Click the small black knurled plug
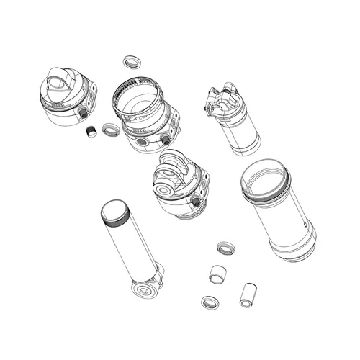coord(91,132)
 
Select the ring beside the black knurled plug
coord(111,130)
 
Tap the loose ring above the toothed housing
coord(132,60)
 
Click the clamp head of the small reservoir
coord(220,102)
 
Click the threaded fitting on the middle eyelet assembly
coord(196,204)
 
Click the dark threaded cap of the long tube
coord(114,212)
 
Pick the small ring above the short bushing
coord(226,248)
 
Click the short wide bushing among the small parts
coord(218,274)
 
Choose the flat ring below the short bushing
coord(211,302)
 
